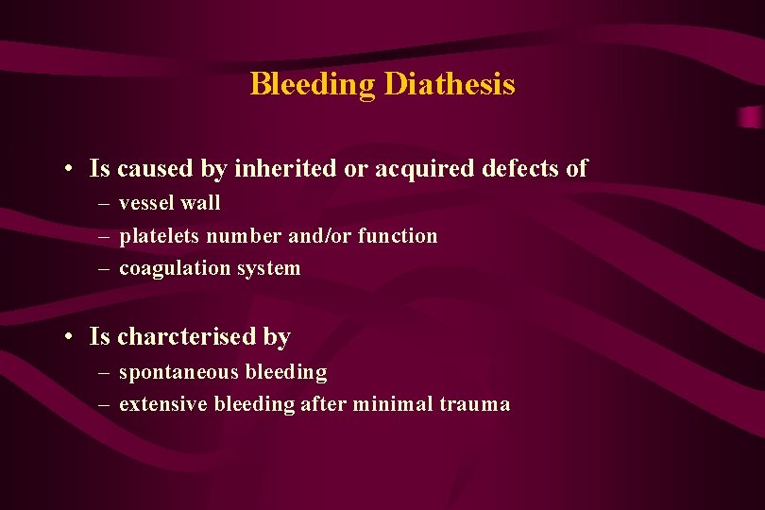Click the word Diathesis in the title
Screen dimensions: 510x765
[449, 85]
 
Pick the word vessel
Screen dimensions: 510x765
[147, 203]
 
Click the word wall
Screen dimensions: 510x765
[201, 203]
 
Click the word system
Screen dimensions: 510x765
[268, 269]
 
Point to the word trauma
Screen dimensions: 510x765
[474, 405]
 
